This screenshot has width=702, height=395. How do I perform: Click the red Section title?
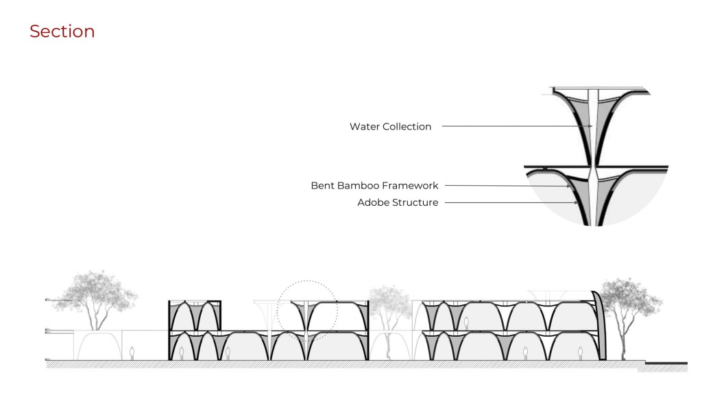tap(62, 32)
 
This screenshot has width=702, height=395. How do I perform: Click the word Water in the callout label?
tap(364, 126)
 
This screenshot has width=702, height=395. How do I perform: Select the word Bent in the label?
tap(322, 185)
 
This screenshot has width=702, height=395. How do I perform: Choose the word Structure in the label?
tap(415, 202)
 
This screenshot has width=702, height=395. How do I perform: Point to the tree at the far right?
tap(622, 302)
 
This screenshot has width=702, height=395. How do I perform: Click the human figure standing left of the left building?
tap(132, 352)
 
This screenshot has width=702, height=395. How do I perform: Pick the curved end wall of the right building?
tap(599, 322)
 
